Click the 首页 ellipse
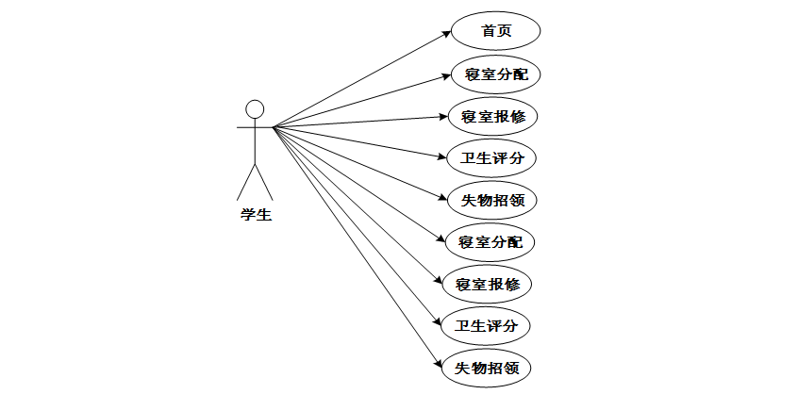[x=496, y=31]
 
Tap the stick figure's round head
[x=255, y=108]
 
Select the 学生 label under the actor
[x=255, y=215]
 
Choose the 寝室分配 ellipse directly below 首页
[x=496, y=74]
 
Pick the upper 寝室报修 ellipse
[x=493, y=116]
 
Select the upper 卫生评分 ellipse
[x=491, y=157]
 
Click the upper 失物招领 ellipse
[x=493, y=200]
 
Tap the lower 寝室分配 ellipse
[x=490, y=241]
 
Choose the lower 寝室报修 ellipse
[x=488, y=284]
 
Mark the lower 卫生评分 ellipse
[x=486, y=326]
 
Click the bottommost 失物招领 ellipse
[x=487, y=368]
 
